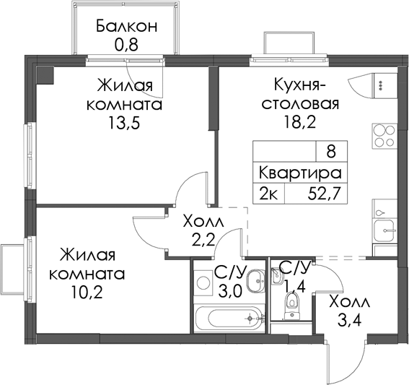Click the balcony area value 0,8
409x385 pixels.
126,45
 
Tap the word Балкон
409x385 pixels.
126,26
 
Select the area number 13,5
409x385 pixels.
124,124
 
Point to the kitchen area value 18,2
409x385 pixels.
300,122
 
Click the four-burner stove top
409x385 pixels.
384,136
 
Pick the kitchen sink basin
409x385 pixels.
384,230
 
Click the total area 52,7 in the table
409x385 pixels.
325,194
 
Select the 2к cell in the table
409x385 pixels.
268,194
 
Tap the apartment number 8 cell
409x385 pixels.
331,152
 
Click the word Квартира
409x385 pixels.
300,173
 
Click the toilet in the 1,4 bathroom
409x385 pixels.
292,306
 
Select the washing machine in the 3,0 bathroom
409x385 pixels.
203,282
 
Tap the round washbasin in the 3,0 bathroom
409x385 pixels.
256,281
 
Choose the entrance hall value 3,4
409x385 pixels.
350,321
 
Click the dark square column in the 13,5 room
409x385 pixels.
45,76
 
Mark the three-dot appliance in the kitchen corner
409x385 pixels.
384,86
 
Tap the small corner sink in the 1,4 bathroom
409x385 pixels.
276,275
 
